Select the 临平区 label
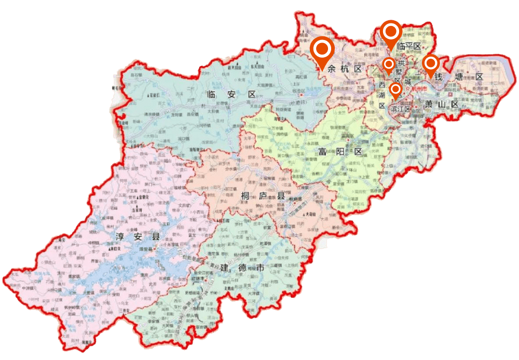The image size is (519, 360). [x=407, y=46]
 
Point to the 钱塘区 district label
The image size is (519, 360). [x=459, y=77]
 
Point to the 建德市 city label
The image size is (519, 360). [x=242, y=269]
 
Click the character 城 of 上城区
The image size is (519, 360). [x=408, y=82]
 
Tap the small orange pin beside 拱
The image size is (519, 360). [x=388, y=64]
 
